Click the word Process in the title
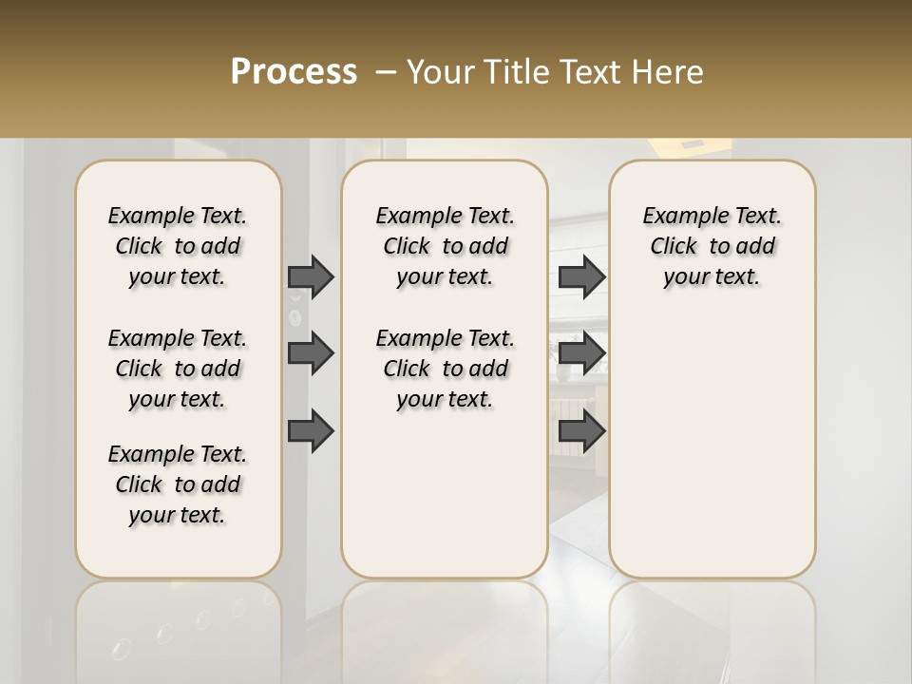294,72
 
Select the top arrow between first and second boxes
311,276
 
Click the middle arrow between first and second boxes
311,353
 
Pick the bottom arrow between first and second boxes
311,432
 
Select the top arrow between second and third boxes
581,276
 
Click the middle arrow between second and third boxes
581,353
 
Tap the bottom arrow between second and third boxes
581,432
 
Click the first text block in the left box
178,246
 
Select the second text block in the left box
178,369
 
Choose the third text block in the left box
178,484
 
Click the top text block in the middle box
445,246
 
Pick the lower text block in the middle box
445,369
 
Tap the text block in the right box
712,246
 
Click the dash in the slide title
386,72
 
